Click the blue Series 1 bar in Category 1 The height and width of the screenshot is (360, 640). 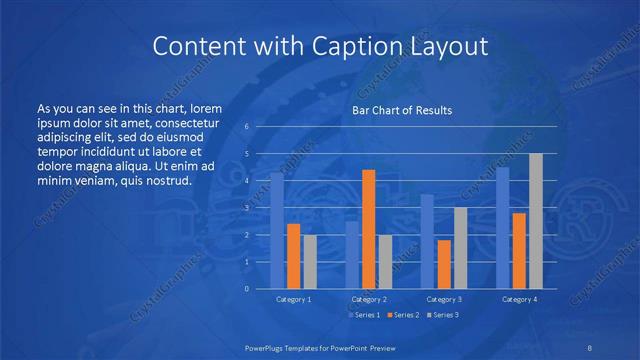(277, 230)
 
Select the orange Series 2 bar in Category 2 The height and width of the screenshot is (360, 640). (368, 229)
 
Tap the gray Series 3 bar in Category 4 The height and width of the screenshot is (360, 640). (536, 221)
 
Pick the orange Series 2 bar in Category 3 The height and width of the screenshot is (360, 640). (443, 264)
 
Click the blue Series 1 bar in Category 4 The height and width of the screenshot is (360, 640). (503, 228)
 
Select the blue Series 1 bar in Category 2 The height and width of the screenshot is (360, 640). (352, 255)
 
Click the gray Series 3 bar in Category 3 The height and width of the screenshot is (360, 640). (460, 248)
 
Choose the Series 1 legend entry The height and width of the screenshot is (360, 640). (363, 315)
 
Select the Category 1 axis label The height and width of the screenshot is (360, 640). (293, 299)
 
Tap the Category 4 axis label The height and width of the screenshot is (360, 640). (519, 299)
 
